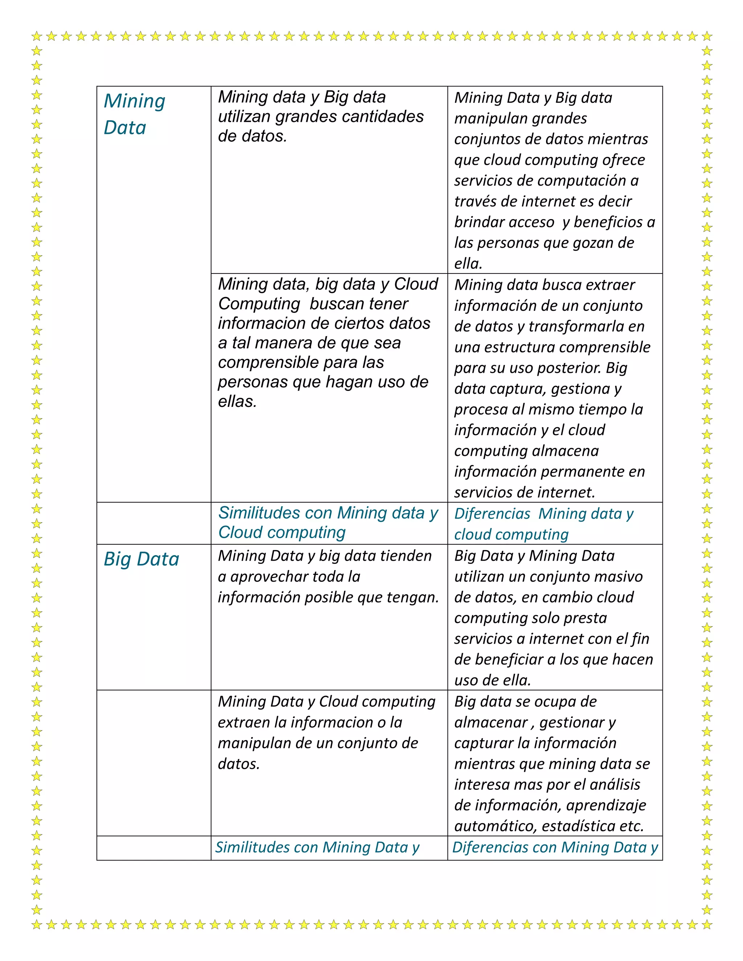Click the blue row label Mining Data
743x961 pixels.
(x=134, y=114)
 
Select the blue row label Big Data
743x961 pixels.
(x=141, y=559)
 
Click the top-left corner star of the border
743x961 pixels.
(x=37, y=36)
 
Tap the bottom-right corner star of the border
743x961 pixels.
(x=707, y=924)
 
